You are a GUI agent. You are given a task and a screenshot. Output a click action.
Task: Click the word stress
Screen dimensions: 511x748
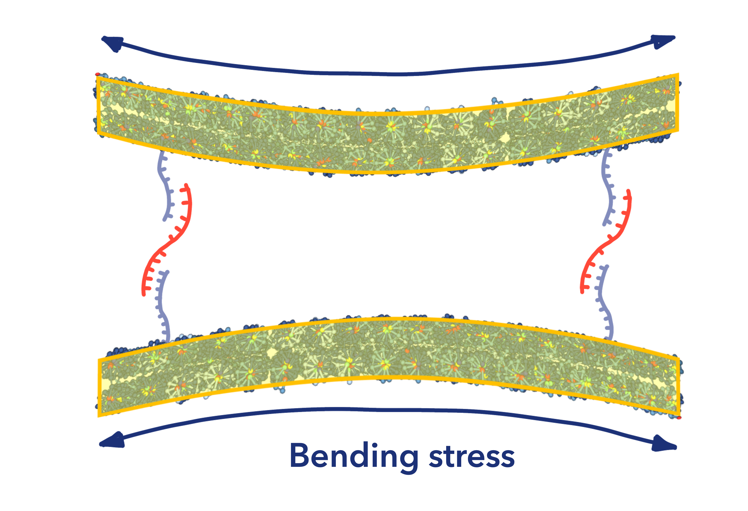[x=472, y=458]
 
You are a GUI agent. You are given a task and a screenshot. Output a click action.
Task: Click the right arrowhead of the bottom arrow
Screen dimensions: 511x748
[x=664, y=444]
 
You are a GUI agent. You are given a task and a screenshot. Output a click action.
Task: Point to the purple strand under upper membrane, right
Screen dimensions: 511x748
[x=608, y=190]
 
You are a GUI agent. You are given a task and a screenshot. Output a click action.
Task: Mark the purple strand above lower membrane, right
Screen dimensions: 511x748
[x=603, y=306]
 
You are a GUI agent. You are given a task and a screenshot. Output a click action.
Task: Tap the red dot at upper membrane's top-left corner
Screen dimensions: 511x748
[x=97, y=74]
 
